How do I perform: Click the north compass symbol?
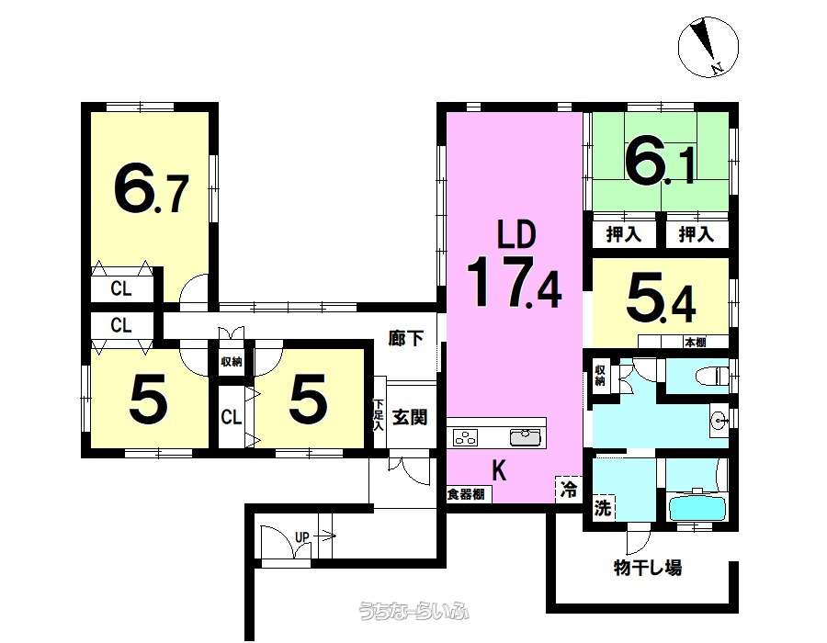708,47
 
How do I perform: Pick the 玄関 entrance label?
411,417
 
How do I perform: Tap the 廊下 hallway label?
406,338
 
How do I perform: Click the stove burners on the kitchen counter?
466,438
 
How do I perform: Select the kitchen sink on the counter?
526,438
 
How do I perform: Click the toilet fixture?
712,377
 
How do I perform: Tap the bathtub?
697,506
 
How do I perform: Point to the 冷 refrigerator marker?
569,489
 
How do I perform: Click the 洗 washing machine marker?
603,507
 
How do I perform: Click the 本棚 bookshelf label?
696,342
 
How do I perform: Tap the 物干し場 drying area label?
648,568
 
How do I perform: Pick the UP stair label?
301,537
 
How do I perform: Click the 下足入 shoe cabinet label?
378,415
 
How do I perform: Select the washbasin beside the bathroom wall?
719,421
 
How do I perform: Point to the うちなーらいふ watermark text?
413,612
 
